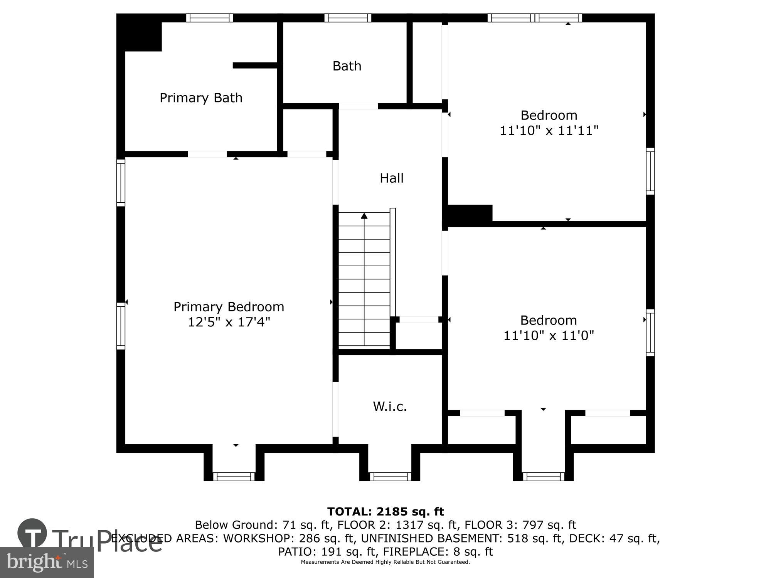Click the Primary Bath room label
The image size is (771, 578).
click(x=201, y=98)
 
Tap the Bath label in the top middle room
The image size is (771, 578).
click(x=347, y=66)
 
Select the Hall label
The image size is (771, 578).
click(x=391, y=178)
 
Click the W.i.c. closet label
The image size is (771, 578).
click(x=390, y=407)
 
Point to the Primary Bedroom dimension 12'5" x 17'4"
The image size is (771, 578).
click(x=229, y=322)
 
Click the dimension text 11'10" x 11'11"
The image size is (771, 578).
click(x=549, y=131)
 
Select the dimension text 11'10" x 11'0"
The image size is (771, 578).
click(x=549, y=336)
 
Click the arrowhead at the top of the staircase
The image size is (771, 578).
click(x=364, y=216)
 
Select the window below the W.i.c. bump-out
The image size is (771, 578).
click(x=390, y=477)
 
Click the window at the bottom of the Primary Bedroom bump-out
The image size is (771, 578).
click(x=234, y=477)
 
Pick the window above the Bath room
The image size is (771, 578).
click(x=347, y=18)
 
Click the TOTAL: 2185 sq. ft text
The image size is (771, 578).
click(x=385, y=512)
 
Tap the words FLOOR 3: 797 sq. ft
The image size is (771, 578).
click(x=520, y=525)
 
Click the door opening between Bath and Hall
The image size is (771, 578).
click(x=358, y=106)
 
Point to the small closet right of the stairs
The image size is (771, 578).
click(x=419, y=336)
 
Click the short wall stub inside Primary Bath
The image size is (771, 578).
click(x=255, y=66)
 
